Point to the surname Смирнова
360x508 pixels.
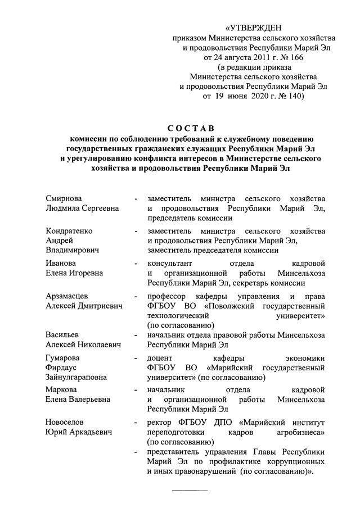click(63, 199)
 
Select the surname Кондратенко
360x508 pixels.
click(69, 231)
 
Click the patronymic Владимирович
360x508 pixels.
click(72, 250)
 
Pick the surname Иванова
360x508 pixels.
click(61, 263)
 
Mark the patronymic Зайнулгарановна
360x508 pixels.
click(76, 378)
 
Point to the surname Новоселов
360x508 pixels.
click(66, 421)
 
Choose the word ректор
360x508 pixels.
click(160, 421)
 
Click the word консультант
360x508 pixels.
click(170, 263)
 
